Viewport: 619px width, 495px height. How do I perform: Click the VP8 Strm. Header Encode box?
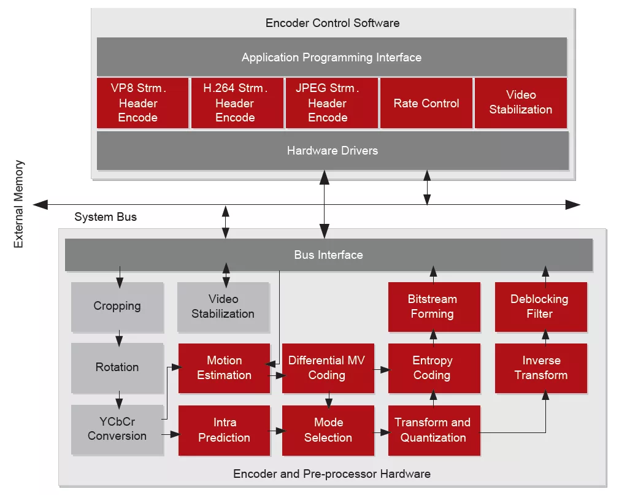pos(142,103)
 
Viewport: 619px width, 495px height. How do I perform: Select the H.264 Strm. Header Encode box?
pos(237,103)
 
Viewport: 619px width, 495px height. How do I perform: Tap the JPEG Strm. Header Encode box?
pos(332,103)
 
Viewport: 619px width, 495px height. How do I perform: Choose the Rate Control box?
pos(426,103)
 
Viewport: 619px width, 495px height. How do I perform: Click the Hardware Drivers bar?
pos(333,150)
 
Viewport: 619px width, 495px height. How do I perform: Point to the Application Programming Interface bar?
pos(332,57)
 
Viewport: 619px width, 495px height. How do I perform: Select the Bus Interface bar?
pos(328,255)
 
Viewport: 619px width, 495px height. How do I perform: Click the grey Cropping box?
pos(117,307)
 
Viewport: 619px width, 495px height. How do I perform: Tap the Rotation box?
pos(117,367)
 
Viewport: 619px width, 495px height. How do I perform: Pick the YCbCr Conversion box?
pos(117,429)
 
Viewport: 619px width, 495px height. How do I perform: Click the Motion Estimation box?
pos(225,368)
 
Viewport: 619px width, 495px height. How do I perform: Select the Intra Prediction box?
pos(225,430)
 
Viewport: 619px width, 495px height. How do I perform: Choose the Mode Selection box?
pos(328,430)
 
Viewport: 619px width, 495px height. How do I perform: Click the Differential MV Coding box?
pos(328,368)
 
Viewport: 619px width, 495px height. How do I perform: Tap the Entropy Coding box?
pos(434,368)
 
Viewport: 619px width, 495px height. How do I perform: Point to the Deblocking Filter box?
pos(541,307)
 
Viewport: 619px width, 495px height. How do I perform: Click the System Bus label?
pos(106,217)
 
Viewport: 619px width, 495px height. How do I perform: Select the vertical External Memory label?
pos(18,204)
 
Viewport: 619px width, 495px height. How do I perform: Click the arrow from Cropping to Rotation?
pos(119,339)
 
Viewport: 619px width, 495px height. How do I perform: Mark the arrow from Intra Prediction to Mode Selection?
pos(279,431)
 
